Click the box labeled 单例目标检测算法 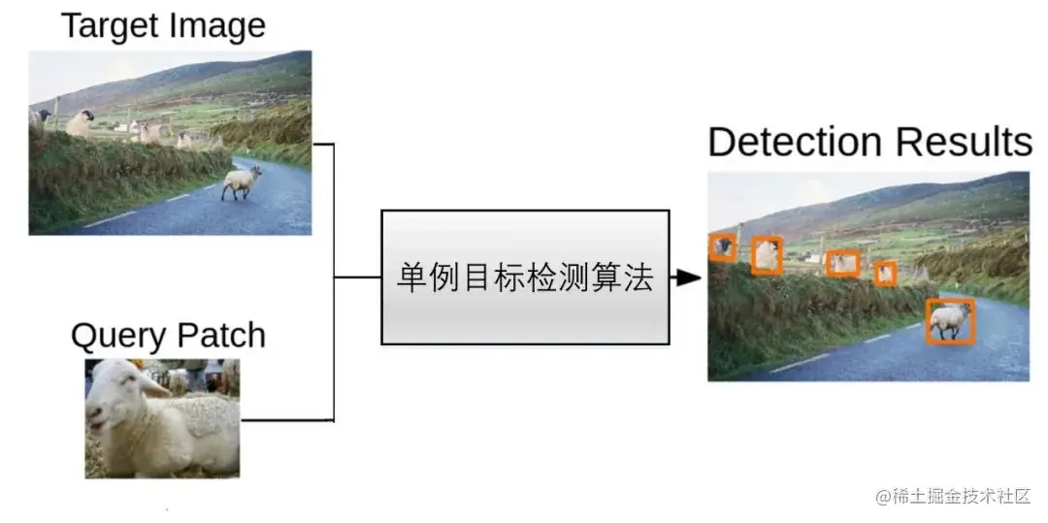[x=525, y=278]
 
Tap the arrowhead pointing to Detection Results [x=688, y=278]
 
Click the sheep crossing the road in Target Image [x=242, y=181]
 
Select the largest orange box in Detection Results [x=950, y=321]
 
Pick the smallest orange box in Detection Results [x=885, y=273]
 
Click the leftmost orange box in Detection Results [x=722, y=247]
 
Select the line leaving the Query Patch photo [x=286, y=420]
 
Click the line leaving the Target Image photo [x=323, y=145]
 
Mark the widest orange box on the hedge [x=842, y=262]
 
